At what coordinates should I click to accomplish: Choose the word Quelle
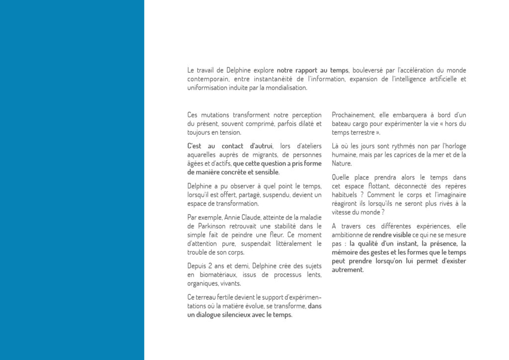pos(341,177)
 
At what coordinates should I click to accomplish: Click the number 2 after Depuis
pos(211,266)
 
